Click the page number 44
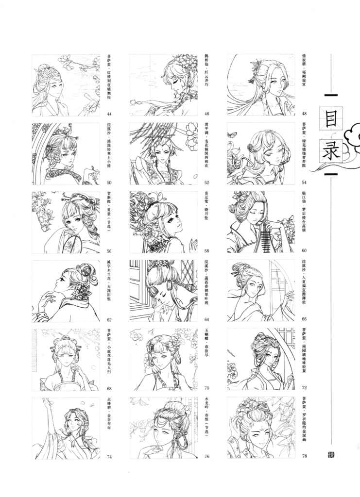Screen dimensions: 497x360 coord(109,114)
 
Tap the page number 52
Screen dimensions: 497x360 coord(206,182)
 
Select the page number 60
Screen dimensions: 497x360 coord(304,251)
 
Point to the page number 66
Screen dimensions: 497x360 coord(304,319)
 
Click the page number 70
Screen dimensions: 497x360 coord(206,388)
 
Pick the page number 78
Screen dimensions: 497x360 coord(304,456)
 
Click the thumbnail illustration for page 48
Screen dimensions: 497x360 coord(261,85)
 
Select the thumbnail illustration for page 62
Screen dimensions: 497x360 coord(66,291)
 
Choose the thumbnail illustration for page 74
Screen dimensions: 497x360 coord(66,428)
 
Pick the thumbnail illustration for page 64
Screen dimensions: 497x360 coord(164,291)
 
